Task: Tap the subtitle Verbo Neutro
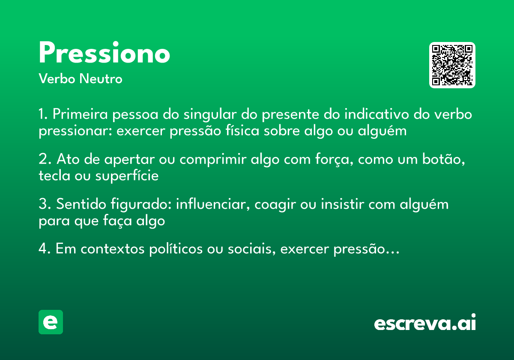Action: (x=80, y=79)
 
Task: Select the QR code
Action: (x=452, y=65)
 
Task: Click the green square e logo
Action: (x=51, y=322)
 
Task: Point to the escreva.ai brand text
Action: (x=424, y=323)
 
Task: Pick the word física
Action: (x=243, y=131)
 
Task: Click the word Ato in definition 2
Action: (x=66, y=159)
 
